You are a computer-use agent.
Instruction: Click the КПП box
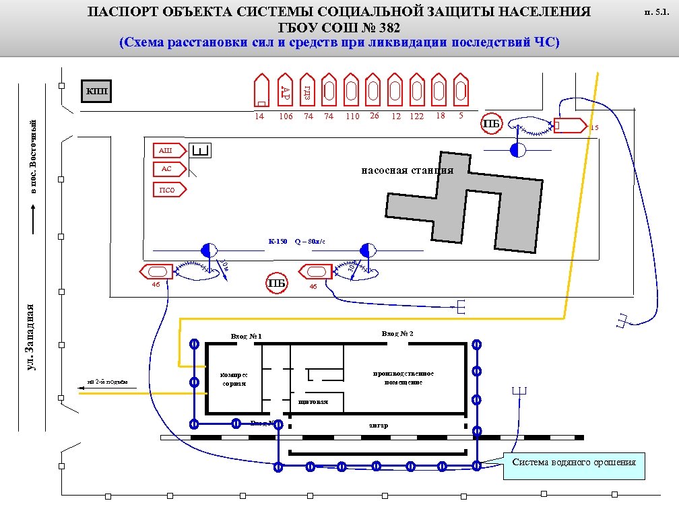pos(96,92)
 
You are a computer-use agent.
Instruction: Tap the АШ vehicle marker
pos(166,150)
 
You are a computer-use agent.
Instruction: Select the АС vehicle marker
pos(166,169)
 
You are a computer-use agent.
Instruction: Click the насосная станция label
pos(408,170)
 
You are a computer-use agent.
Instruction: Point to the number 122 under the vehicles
pos(416,116)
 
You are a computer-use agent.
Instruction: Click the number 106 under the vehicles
pos(286,116)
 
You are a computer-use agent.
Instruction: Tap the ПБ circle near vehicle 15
pos(492,124)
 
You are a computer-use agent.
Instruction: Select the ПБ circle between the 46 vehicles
pos(277,283)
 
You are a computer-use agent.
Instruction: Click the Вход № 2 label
pos(397,334)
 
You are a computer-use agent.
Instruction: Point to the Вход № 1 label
pos(246,336)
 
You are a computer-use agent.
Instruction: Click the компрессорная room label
pos(235,378)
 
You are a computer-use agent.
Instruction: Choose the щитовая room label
pos(313,402)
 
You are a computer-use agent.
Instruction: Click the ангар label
pos(378,426)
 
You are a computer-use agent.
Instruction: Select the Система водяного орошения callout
pos(573,463)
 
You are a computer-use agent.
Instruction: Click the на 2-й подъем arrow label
pos(108,382)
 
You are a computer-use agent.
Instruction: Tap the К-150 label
pos(278,241)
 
